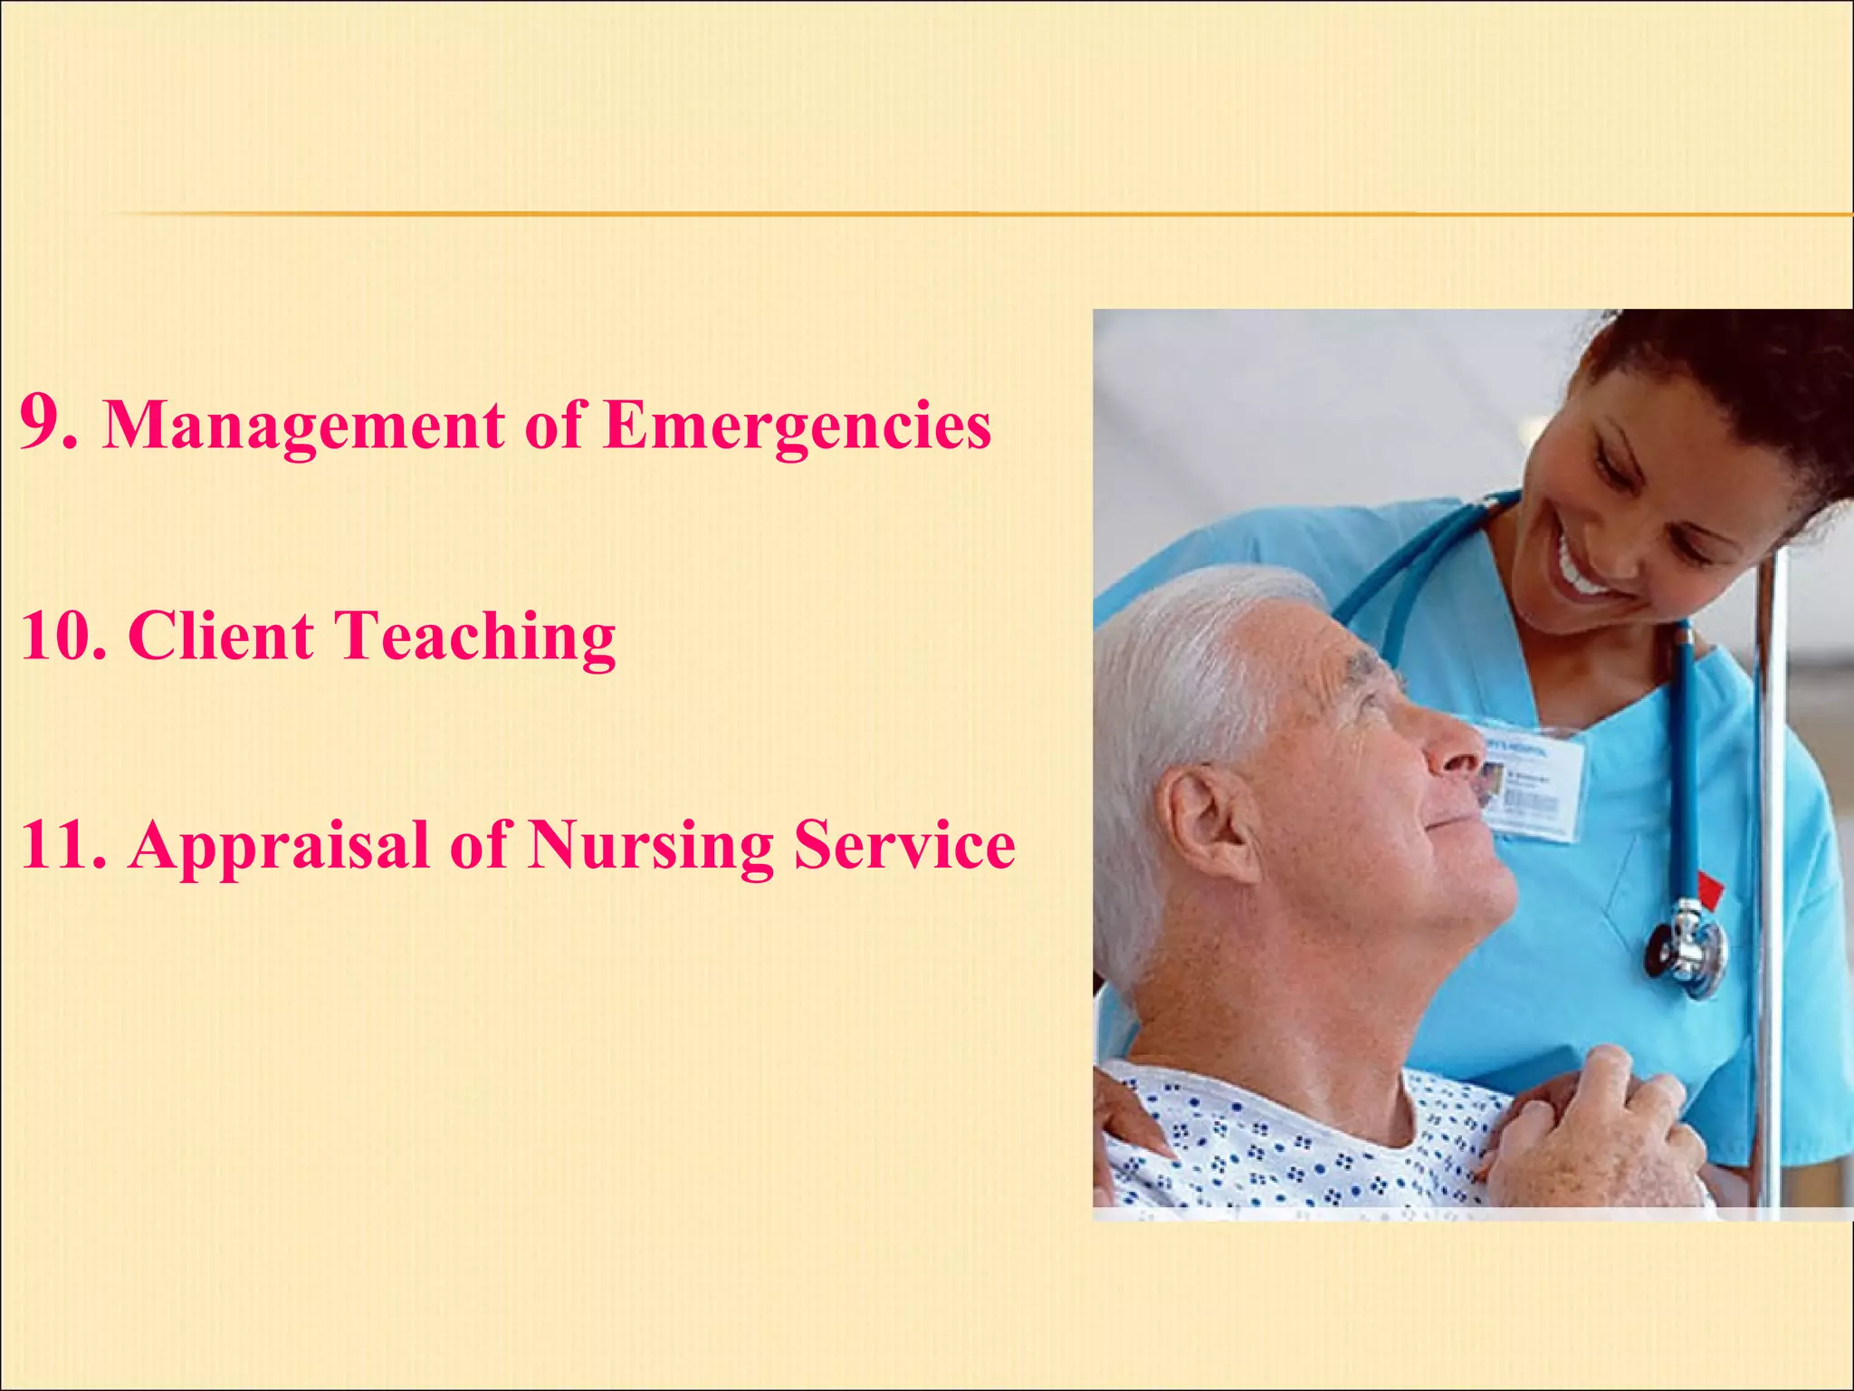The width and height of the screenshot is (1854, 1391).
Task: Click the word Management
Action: [x=304, y=426]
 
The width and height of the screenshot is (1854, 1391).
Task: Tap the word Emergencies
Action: [x=797, y=426]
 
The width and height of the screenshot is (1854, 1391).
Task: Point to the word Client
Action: [x=221, y=636]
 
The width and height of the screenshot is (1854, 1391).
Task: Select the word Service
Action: [x=904, y=845]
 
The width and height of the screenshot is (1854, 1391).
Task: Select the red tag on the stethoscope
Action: [x=1709, y=889]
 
